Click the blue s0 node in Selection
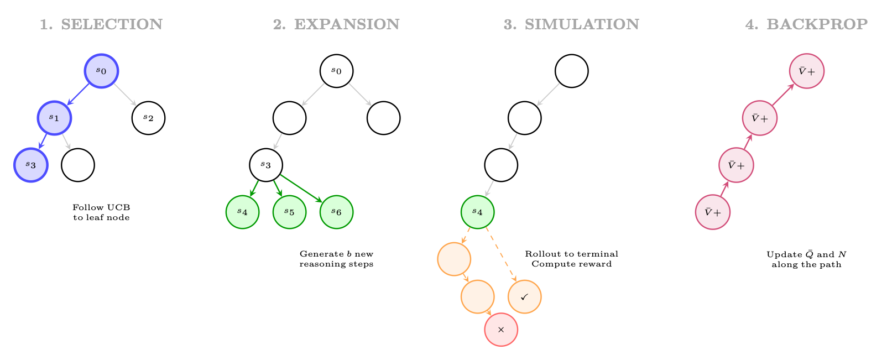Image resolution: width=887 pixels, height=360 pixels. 101,71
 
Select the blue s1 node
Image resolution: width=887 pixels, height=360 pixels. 54,118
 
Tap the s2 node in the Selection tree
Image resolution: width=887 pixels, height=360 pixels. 149,118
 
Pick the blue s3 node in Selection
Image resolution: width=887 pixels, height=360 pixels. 31,165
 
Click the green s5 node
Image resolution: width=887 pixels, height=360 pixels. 289,212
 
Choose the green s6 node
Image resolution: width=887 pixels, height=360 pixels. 337,212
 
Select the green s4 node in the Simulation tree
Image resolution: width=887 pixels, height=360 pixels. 478,212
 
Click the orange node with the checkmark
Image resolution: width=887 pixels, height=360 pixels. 525,297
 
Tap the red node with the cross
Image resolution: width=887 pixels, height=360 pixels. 502,330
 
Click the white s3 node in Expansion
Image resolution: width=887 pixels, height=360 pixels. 266,165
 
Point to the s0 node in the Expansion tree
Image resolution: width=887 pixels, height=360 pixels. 337,71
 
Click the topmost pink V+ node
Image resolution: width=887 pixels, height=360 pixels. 807,71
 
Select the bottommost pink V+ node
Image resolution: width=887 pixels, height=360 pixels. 713,212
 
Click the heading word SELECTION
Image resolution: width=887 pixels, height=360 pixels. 112,24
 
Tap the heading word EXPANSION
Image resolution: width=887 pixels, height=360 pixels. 347,24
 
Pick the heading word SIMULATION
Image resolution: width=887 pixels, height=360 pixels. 582,24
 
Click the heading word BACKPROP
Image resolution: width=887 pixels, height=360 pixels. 817,24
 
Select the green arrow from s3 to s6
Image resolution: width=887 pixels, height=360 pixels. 301,189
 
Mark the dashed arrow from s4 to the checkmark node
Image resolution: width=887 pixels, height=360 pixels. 502,254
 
